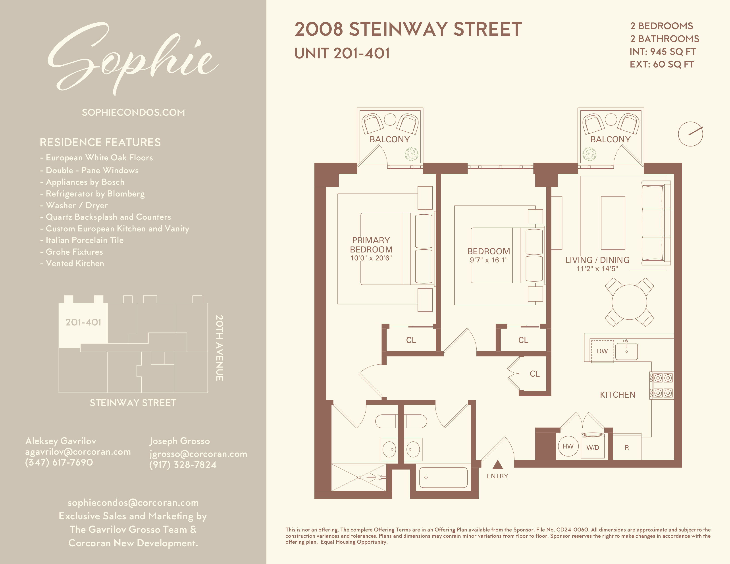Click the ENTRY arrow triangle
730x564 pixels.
[x=498, y=465]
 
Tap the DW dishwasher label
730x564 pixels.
[x=602, y=351]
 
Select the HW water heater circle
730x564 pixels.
[x=568, y=446]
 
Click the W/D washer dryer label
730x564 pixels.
[x=593, y=448]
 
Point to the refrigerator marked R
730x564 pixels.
[x=627, y=448]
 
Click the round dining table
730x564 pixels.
[x=629, y=302]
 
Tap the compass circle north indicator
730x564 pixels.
[x=690, y=134]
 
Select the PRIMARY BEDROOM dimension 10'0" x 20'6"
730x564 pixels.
[x=371, y=258]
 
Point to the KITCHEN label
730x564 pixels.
[x=617, y=395]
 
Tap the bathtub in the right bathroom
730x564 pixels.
[x=443, y=477]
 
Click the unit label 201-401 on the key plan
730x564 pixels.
[x=83, y=322]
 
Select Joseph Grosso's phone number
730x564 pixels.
[x=183, y=465]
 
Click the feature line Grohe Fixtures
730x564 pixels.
[x=74, y=252]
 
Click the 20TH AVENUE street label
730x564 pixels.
[x=219, y=348]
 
